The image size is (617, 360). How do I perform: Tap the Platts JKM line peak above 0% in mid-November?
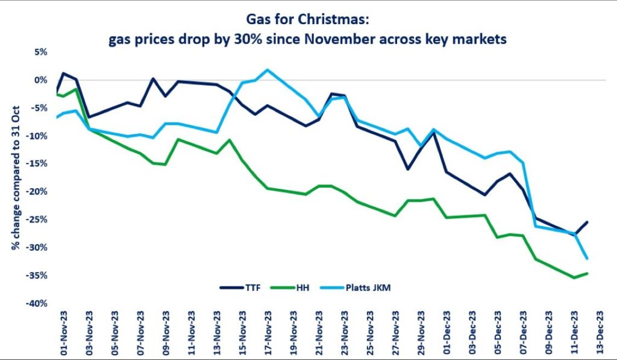coord(268,69)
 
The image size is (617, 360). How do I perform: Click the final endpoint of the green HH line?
coord(587,273)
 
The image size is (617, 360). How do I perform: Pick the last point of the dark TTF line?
coord(587,222)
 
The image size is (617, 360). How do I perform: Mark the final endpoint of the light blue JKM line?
coord(587,259)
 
